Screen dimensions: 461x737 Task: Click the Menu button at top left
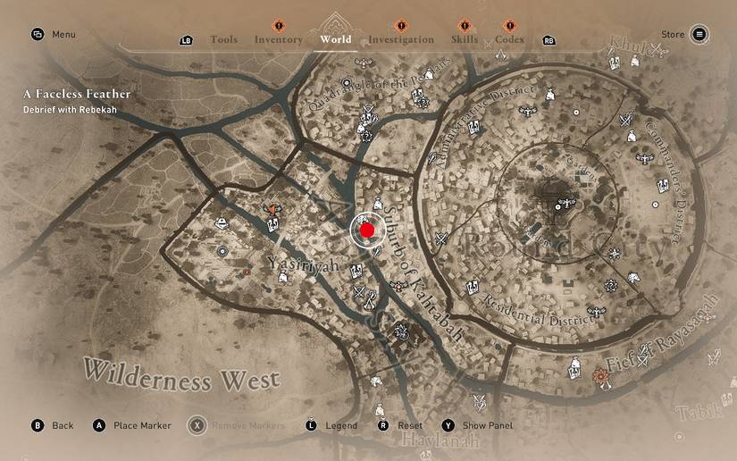coord(54,35)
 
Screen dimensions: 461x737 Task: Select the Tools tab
coord(223,39)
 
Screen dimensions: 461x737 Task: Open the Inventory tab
coord(278,39)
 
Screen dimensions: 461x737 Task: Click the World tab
coord(335,39)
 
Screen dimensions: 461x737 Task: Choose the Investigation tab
coord(400,39)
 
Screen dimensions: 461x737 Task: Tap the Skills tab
coord(464,39)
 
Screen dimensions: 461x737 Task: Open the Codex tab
coord(509,39)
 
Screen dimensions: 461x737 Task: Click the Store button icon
coord(699,35)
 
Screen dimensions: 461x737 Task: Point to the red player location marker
coord(366,230)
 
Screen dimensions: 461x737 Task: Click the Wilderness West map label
coord(183,374)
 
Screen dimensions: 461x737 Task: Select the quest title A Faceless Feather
coord(77,94)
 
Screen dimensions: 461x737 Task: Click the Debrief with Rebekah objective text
coord(71,110)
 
